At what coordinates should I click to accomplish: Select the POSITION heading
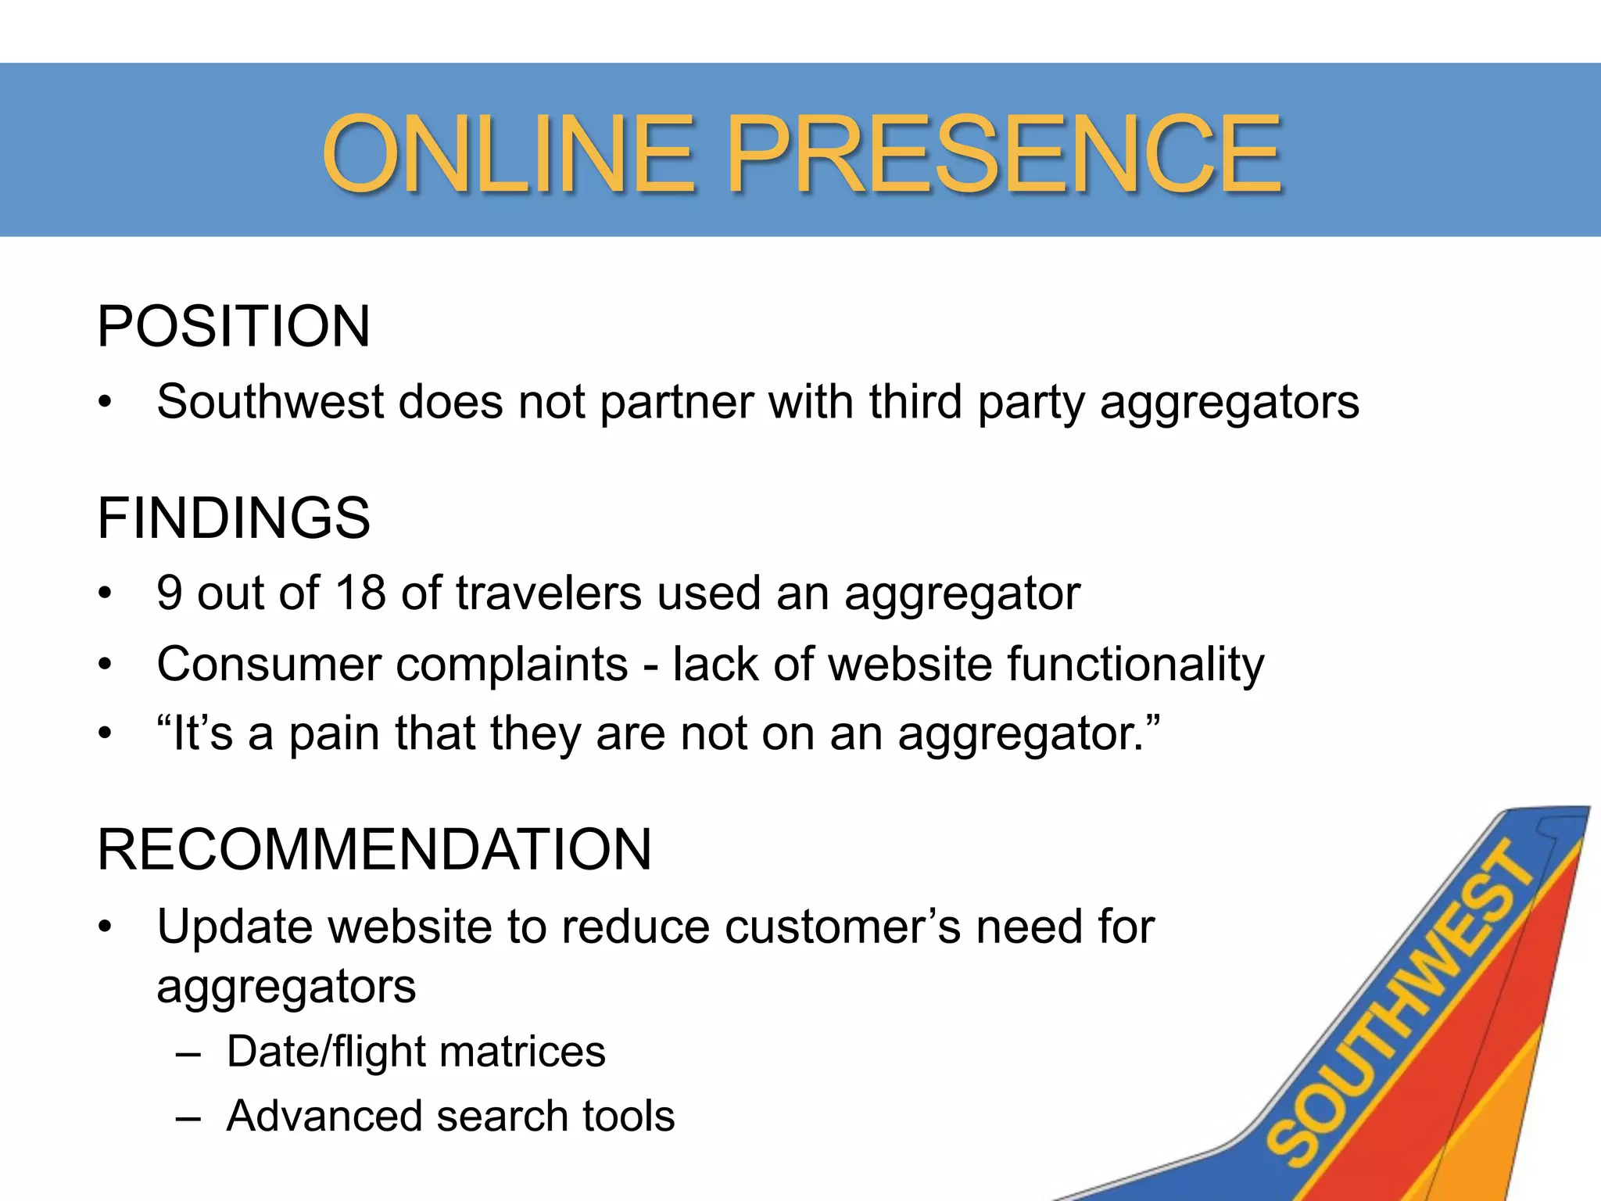(234, 326)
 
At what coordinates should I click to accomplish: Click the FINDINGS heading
(234, 518)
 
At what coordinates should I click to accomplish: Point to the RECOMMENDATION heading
(374, 849)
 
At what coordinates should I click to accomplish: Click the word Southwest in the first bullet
(270, 402)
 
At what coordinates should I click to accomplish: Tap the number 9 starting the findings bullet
(169, 593)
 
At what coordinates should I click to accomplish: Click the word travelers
(549, 593)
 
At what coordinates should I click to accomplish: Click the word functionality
(1135, 665)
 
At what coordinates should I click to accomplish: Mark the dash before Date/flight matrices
(188, 1052)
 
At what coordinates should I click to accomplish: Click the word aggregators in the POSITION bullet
(1230, 403)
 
